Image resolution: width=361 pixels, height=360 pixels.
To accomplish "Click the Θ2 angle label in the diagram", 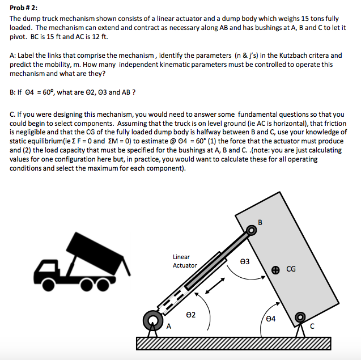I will point(191,314).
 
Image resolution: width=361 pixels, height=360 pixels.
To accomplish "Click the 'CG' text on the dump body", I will point(291,269).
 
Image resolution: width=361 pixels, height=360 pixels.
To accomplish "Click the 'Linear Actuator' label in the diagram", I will point(185,261).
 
